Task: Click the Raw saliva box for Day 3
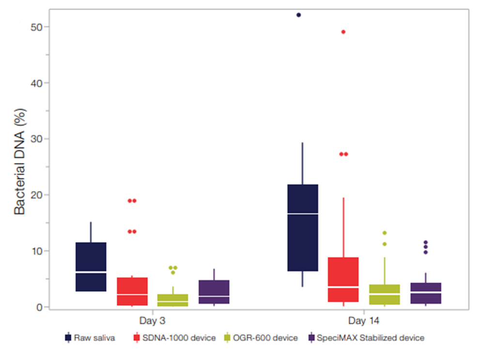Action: click(x=91, y=267)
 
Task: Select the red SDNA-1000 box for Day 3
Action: click(x=132, y=291)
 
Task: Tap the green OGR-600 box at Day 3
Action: click(x=173, y=300)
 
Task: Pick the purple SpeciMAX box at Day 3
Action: click(x=214, y=292)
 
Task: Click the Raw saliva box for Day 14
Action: click(x=303, y=227)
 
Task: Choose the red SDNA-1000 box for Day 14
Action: click(x=343, y=280)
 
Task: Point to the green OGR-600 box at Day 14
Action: click(x=385, y=294)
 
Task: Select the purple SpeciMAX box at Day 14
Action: click(x=426, y=293)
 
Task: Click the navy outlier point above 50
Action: click(x=299, y=15)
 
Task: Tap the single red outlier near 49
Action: click(x=343, y=32)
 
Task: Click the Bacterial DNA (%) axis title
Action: click(x=19, y=167)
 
